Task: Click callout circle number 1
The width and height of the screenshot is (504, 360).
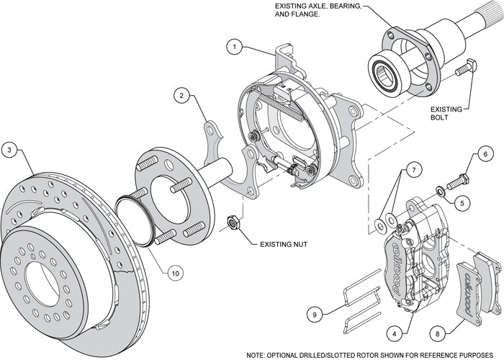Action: [234, 47]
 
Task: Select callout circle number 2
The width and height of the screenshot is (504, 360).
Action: [184, 95]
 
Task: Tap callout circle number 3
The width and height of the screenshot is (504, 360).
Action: [9, 150]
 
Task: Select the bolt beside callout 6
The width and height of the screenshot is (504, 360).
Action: [458, 181]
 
